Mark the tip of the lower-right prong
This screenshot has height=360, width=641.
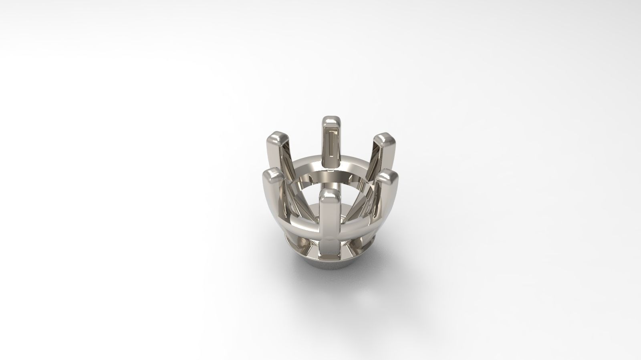click(x=387, y=176)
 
